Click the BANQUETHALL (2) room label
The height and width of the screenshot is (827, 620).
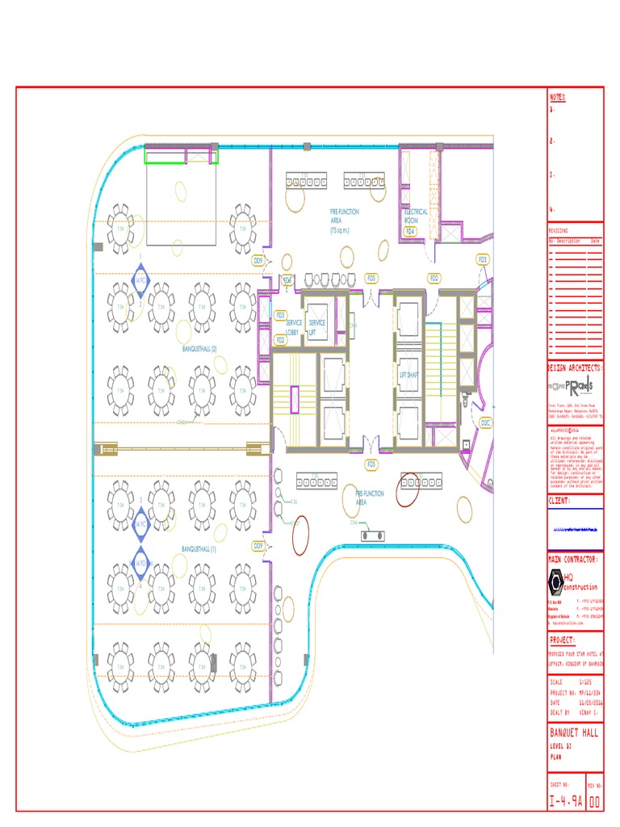[205, 349]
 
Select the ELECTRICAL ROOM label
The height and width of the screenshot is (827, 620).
[416, 216]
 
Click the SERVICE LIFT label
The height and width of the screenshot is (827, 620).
[316, 326]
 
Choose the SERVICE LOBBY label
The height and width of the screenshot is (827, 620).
[293, 326]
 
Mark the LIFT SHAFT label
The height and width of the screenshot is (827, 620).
[408, 375]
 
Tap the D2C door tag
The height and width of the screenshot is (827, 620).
[485, 422]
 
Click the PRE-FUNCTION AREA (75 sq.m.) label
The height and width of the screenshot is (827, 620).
[344, 220]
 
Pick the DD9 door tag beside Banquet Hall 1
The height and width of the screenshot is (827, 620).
[258, 546]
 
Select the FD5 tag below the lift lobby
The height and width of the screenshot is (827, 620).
[371, 464]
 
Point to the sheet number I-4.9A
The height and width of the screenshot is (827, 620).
[565, 801]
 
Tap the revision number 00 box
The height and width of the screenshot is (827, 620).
[594, 801]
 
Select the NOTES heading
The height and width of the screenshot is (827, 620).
[558, 97]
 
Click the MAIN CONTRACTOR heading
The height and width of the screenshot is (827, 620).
[573, 559]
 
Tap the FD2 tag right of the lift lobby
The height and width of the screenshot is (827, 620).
[434, 279]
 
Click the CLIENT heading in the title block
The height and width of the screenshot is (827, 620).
[560, 501]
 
